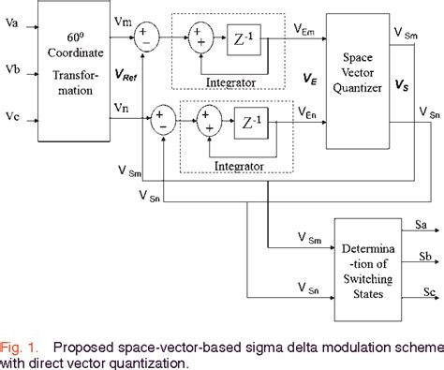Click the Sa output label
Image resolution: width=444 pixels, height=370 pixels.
[422, 224]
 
